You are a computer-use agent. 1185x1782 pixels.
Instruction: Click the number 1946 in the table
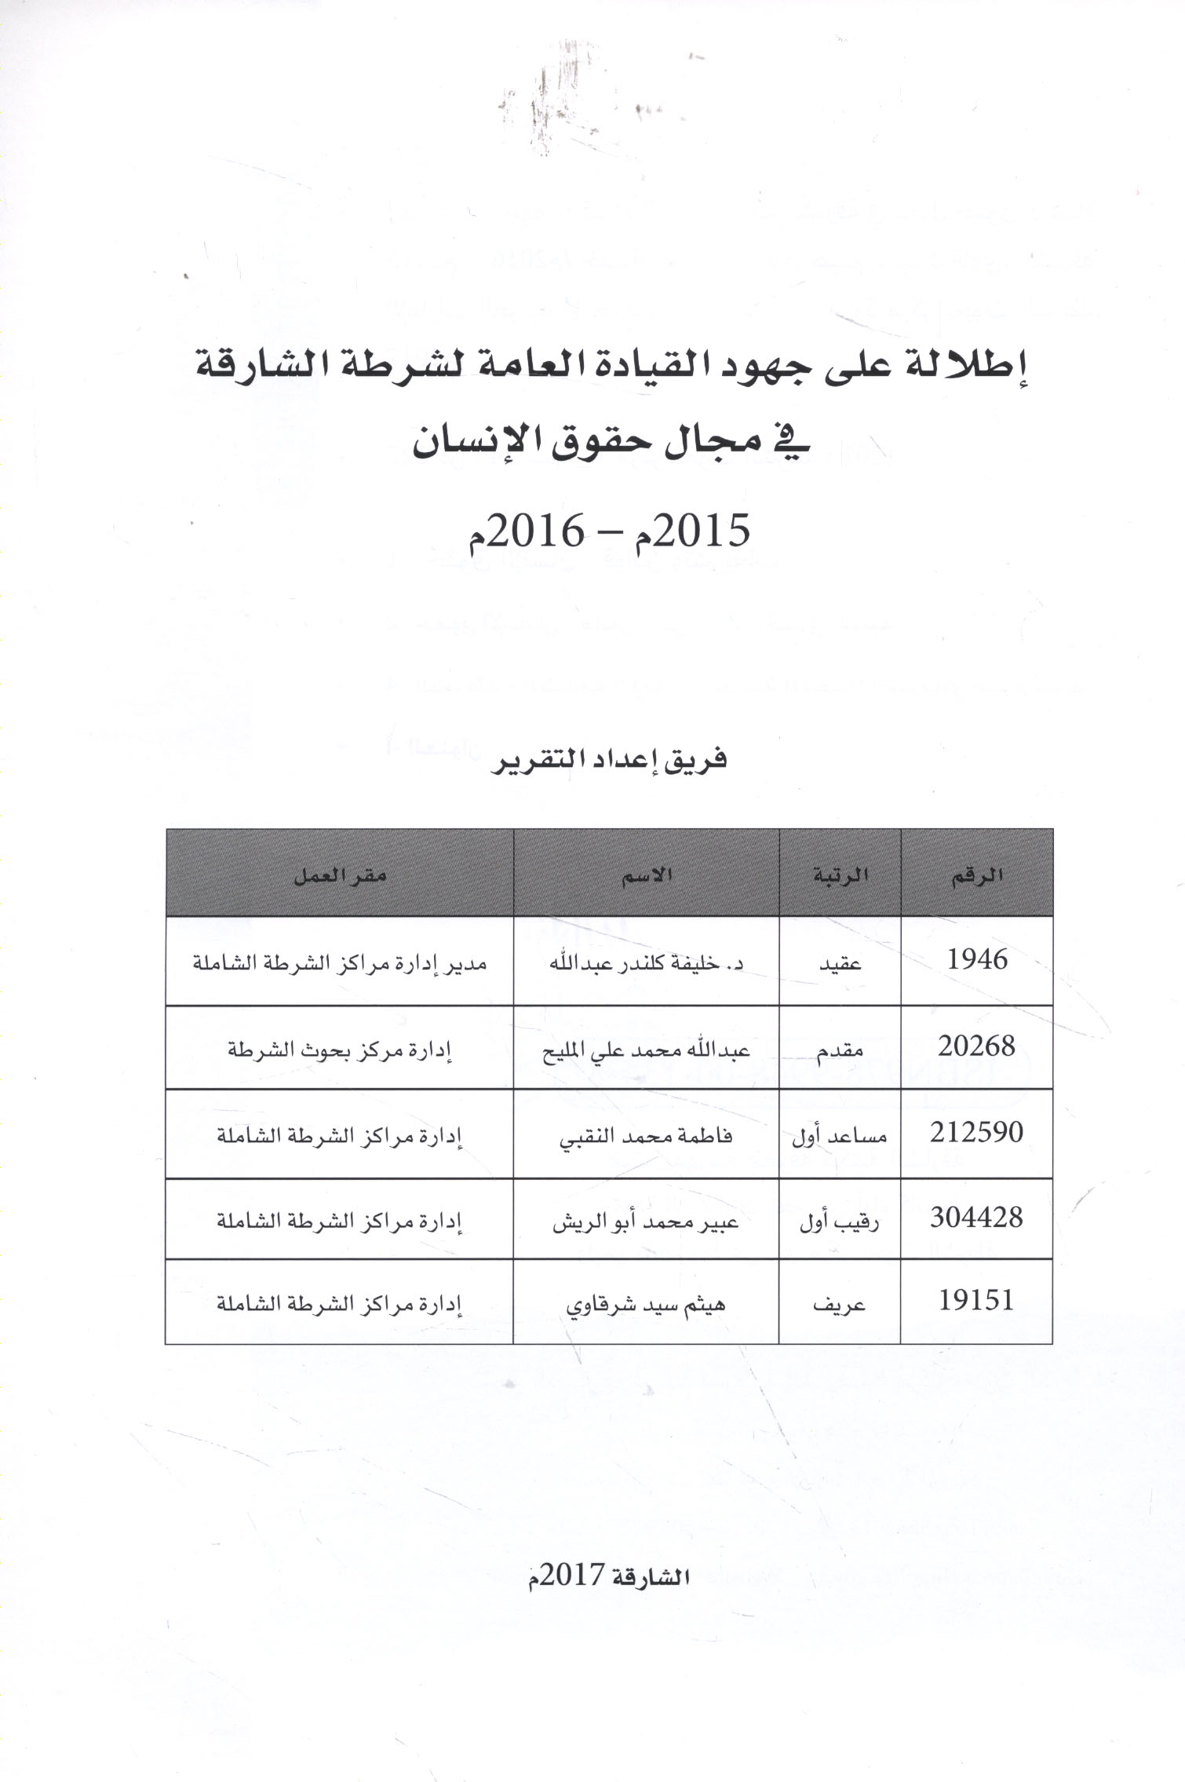(977, 959)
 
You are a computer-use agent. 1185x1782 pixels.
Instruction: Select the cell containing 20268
(977, 1046)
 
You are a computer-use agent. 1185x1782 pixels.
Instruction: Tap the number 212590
(977, 1132)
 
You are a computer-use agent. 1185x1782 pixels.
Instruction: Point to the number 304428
(977, 1218)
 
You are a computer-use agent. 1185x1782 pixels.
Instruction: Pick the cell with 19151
(977, 1301)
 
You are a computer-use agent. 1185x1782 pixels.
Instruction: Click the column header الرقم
(977, 876)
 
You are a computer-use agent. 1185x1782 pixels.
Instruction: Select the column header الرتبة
(840, 875)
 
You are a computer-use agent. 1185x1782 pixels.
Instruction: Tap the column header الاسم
(647, 875)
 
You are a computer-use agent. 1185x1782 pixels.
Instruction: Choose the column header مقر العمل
(339, 876)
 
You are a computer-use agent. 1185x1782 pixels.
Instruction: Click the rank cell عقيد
(840, 962)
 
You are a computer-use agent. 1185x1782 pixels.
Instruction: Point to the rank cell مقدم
(840, 1050)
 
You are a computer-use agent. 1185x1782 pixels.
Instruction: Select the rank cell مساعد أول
(840, 1136)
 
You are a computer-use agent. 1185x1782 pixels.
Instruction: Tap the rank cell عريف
(840, 1304)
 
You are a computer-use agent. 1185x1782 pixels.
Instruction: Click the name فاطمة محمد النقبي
(646, 1136)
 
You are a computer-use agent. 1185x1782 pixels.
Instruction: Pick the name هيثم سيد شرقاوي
(646, 1304)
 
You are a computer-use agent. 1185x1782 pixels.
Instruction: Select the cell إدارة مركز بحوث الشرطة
(340, 1050)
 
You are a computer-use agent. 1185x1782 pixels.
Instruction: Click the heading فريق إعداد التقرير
(609, 759)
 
